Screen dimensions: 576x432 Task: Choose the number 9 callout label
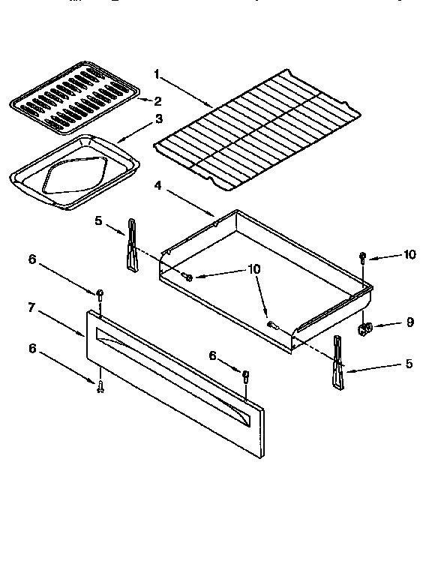[409, 323]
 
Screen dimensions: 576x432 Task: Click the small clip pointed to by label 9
[366, 327]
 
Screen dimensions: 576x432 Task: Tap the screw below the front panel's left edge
[100, 385]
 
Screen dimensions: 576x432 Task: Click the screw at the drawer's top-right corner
[362, 259]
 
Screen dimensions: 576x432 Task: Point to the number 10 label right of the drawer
[409, 255]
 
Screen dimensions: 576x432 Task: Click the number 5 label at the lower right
[409, 364]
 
